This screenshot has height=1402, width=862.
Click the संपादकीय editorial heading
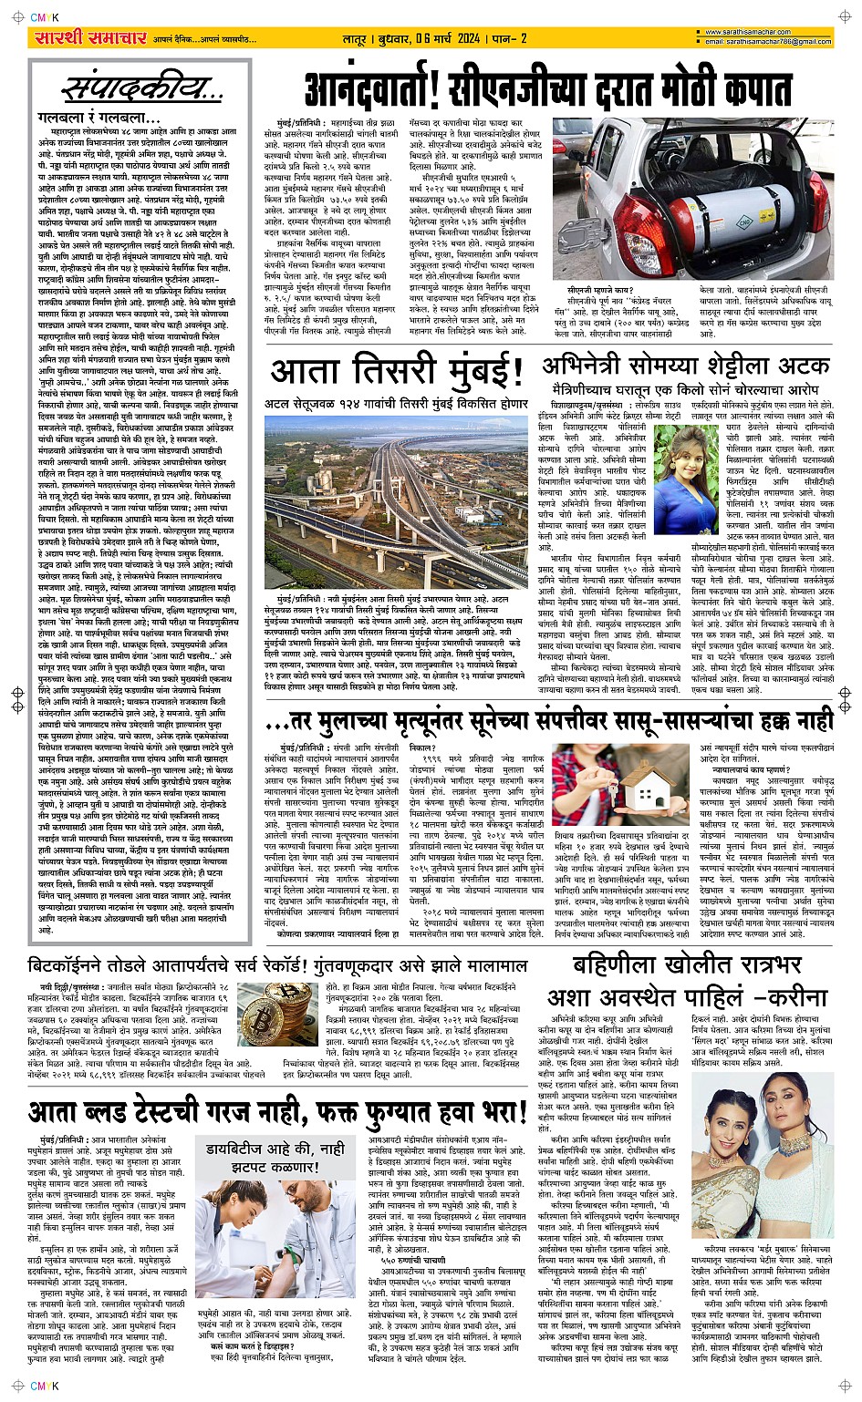[141, 90]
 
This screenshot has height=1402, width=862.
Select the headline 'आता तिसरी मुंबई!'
[396, 373]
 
